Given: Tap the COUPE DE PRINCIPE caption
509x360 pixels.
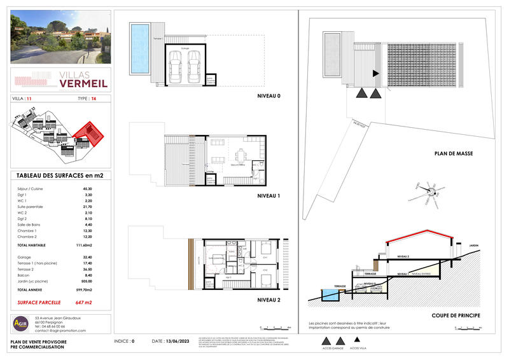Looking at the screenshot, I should (454, 315).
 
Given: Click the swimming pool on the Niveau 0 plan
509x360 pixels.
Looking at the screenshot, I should (138, 48).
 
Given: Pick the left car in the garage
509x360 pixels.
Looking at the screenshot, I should (175, 64).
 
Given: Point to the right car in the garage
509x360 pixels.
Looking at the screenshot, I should (193, 64).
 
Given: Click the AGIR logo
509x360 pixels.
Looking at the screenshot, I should (21, 324).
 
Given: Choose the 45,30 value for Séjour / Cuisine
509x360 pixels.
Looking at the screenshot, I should (86, 188).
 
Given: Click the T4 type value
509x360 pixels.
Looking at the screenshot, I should (94, 99).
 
